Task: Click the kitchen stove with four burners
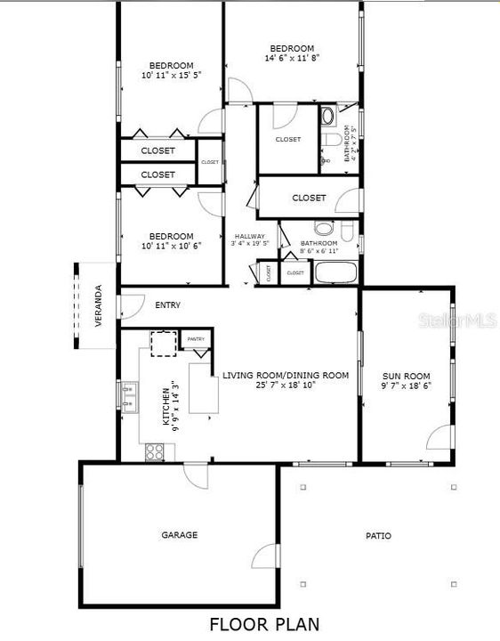pos(155,451)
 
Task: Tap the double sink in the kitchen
pos(130,397)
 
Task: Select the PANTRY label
pos(196,339)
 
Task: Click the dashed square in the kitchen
pos(164,343)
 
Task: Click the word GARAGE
pos(179,535)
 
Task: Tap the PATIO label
pos(378,536)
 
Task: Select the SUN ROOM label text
pos(406,376)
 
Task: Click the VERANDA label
pos(99,305)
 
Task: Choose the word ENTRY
pos(167,305)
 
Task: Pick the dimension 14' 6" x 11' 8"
pos(292,58)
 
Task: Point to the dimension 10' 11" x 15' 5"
pos(172,76)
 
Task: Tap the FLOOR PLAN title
pos(264,623)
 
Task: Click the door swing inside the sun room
pos(440,437)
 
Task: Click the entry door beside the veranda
pos(132,305)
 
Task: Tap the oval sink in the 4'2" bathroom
pos(327,115)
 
